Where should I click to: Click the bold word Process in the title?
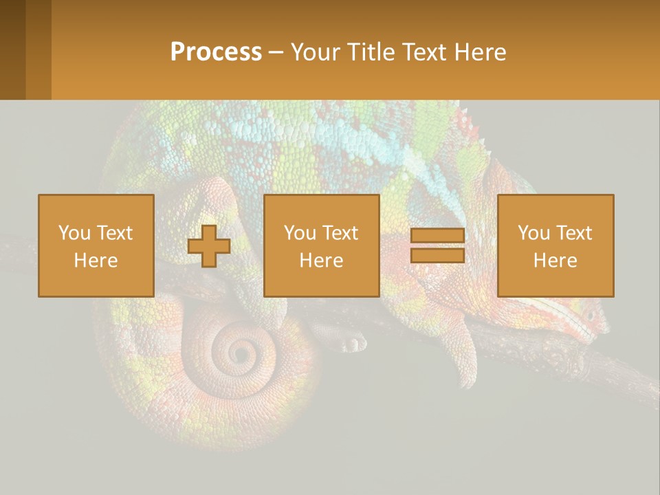216,52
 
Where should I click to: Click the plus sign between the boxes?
209,246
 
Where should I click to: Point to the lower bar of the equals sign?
437,255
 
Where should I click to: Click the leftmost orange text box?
96,245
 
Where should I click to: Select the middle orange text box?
322,245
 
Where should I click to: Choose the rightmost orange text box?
555,245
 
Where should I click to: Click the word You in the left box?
72,233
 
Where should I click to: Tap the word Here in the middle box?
322,261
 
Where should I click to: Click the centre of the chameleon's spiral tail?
241,353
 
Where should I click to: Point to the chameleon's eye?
589,316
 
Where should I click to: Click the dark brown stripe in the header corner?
13,49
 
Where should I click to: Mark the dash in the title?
276,52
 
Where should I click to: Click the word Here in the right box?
555,261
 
